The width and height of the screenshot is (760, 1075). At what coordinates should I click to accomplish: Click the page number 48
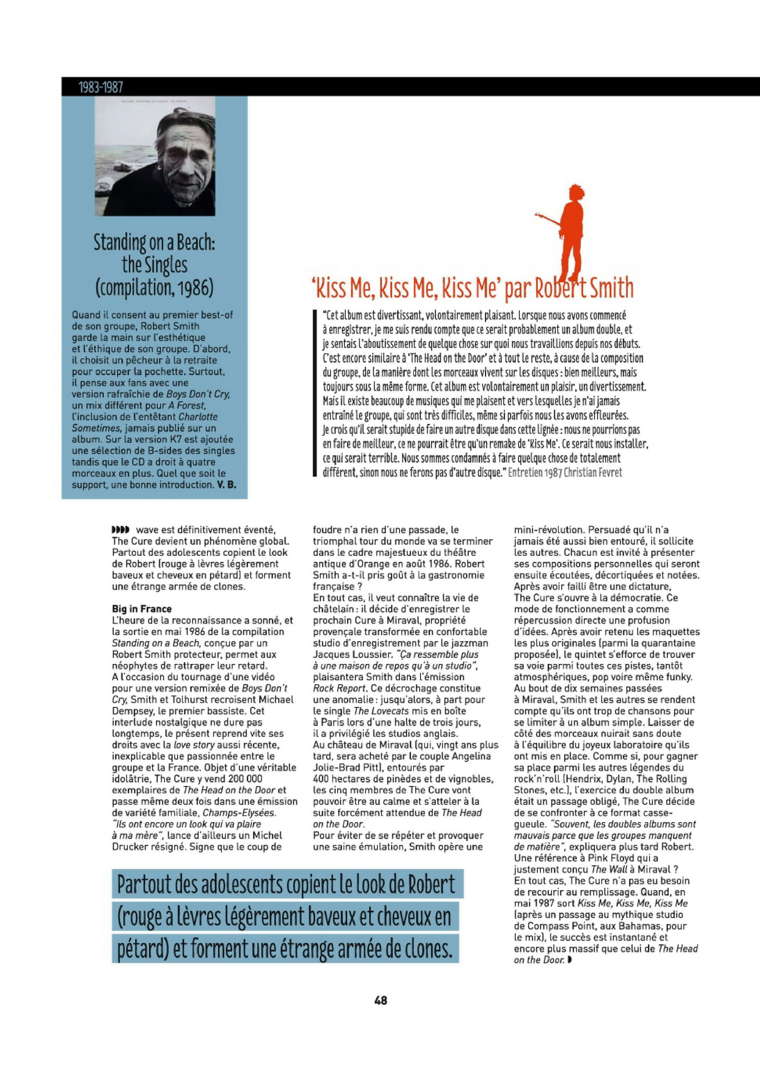381,1000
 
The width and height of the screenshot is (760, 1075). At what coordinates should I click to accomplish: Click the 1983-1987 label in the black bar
101,87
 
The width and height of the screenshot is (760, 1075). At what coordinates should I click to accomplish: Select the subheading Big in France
141,609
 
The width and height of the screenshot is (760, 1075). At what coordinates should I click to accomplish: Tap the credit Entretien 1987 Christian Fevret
565,472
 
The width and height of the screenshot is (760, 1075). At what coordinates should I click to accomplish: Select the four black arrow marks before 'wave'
121,530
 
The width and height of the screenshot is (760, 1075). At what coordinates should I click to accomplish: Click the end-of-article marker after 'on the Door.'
569,960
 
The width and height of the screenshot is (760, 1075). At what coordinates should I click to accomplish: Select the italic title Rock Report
339,688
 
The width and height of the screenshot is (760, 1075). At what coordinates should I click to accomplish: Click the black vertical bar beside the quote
315,393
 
